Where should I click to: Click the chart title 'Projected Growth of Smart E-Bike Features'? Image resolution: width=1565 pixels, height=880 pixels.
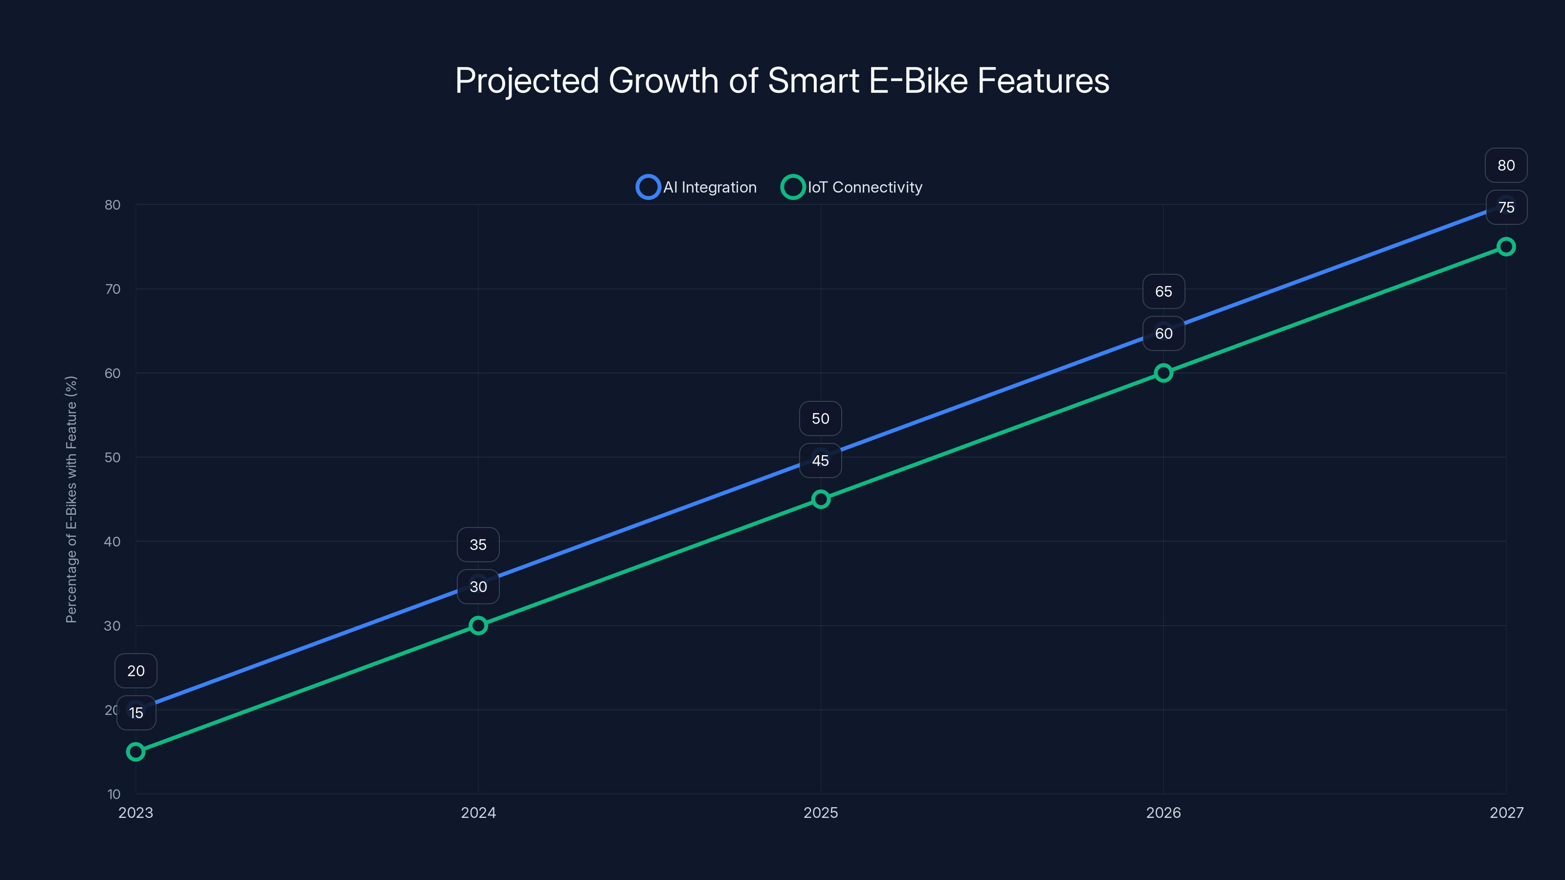pos(782,81)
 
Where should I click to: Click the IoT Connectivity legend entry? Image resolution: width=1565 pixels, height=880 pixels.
pos(852,187)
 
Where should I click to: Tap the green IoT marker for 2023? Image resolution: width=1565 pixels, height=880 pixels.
pos(135,752)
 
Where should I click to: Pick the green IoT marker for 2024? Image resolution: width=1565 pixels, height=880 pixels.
pos(478,626)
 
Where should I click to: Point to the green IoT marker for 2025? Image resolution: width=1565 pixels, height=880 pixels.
pos(821,499)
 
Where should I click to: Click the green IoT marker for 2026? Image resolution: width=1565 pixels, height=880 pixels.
pos(1163,373)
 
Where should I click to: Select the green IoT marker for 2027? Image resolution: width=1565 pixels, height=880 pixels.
pos(1506,246)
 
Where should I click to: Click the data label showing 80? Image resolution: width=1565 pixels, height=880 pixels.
pos(1506,165)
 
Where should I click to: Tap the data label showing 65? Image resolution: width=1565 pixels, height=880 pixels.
pos(1163,291)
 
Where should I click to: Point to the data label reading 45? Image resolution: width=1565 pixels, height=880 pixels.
pos(820,461)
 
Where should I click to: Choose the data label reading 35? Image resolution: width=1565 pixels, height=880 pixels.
pos(478,545)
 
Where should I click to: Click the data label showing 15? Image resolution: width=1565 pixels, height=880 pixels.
pos(136,713)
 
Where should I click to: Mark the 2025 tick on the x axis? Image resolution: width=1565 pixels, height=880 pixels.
pos(821,813)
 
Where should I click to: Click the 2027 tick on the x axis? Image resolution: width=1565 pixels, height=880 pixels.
pos(1506,813)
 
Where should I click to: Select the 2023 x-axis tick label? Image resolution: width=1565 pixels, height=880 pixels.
pos(135,813)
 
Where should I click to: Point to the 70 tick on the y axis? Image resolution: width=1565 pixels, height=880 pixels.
pos(112,289)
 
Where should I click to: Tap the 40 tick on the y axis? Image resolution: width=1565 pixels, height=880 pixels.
pos(112,542)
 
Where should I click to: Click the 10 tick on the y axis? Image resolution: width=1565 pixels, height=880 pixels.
pos(113,794)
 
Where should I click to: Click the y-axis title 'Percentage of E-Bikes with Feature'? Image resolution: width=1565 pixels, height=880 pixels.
pos(71,499)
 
